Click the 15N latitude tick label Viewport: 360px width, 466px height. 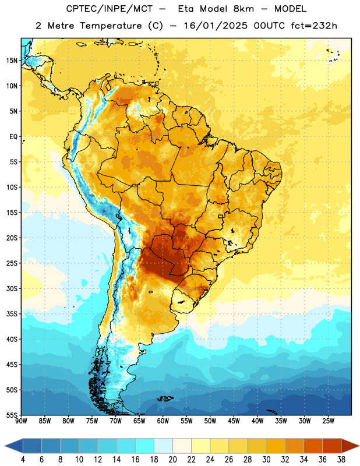click(12, 61)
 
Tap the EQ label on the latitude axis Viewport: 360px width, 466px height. click(13, 137)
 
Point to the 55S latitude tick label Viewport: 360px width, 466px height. click(12, 415)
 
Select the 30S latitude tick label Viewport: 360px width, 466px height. click(12, 288)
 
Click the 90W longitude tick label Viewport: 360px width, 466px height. click(21, 421)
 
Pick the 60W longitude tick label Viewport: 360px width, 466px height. click(163, 421)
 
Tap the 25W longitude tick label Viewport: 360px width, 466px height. click(328, 421)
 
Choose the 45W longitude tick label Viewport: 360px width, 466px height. click(234, 421)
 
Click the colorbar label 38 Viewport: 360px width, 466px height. click(341, 460)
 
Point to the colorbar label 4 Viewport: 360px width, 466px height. click(23, 460)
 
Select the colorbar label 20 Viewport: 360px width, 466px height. click(172, 460)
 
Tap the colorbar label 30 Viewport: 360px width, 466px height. click(266, 460)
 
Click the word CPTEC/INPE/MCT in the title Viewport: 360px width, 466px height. click(110, 9)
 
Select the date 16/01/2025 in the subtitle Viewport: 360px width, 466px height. click(216, 26)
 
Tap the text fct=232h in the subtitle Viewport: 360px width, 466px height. click(314, 26)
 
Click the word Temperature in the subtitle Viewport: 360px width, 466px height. click(111, 26)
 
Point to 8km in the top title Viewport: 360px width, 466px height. click(243, 9)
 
